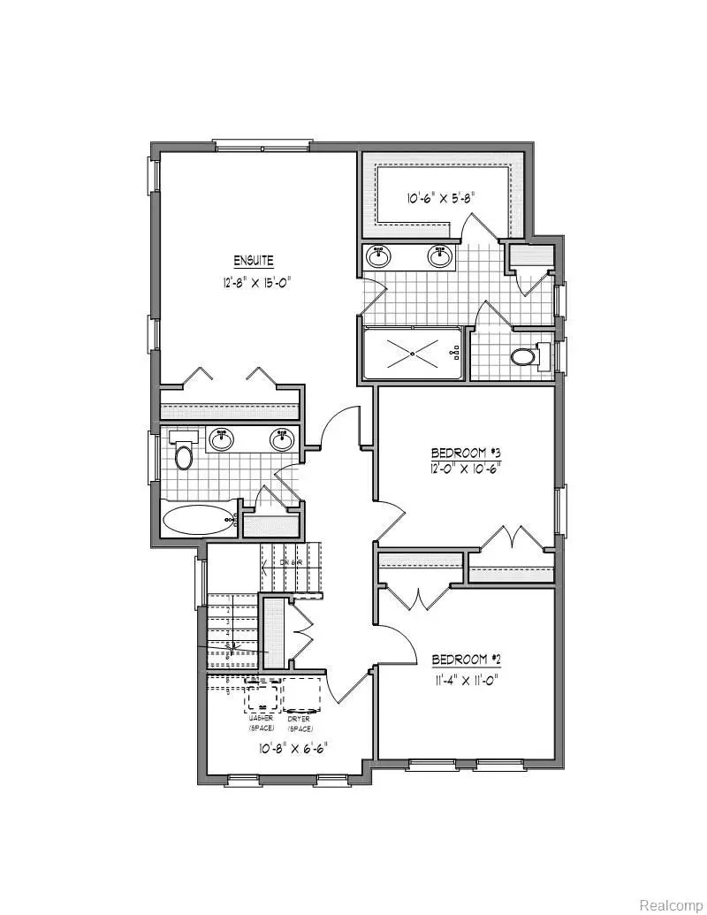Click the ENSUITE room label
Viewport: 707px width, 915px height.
[x=254, y=261]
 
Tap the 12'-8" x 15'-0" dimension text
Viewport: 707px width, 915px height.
[x=256, y=283]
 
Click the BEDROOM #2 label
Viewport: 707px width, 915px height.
[x=468, y=660]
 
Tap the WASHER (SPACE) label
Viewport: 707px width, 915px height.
[x=262, y=724]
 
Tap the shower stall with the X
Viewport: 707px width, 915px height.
[x=412, y=354]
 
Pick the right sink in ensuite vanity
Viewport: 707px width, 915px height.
[x=440, y=256]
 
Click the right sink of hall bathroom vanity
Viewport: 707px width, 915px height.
[x=282, y=438]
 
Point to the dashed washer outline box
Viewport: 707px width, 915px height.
[x=262, y=695]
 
